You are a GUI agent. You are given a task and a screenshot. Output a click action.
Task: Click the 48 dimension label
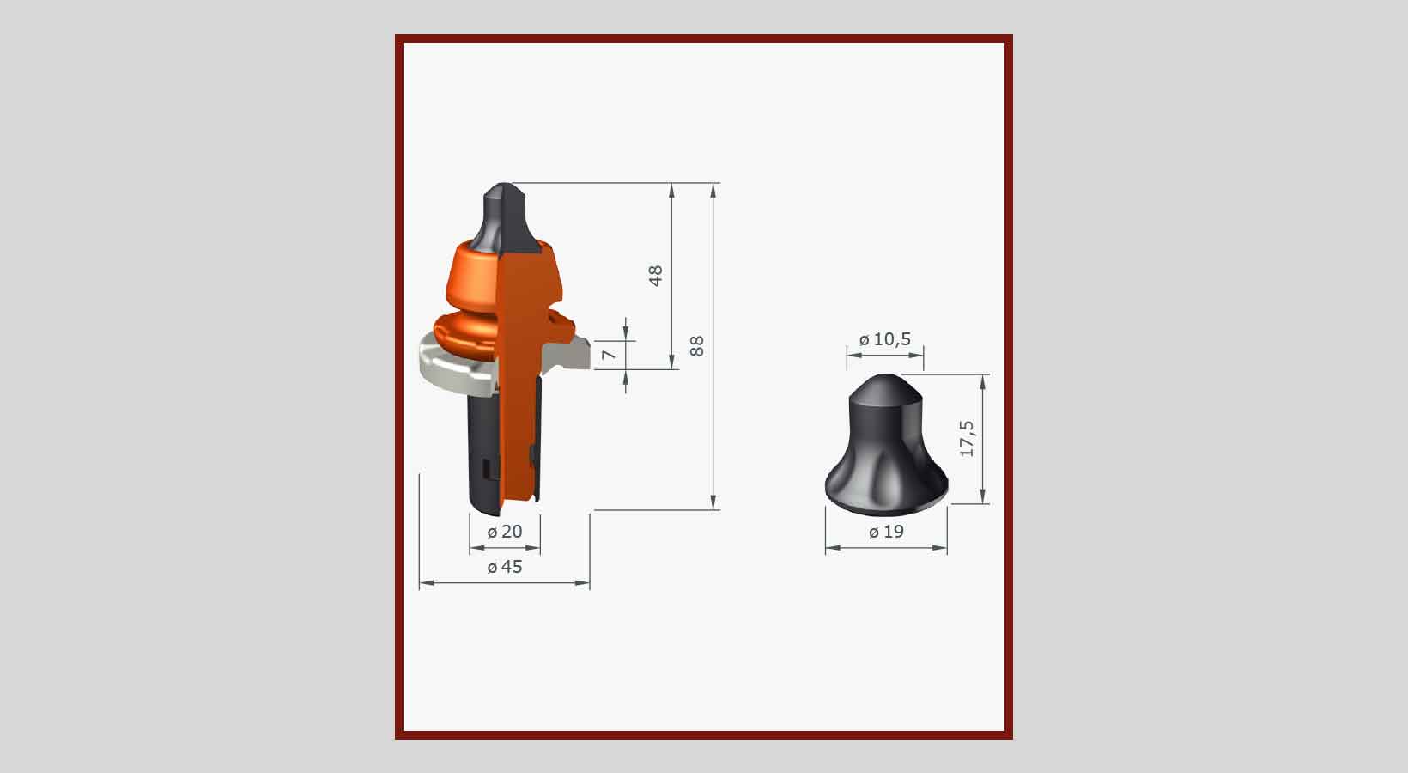(656, 276)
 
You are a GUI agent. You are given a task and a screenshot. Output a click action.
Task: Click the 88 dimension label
(697, 346)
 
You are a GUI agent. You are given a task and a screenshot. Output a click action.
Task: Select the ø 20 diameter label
(505, 533)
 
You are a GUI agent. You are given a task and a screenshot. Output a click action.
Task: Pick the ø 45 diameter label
(505, 568)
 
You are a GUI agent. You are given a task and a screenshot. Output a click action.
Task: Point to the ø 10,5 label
(885, 339)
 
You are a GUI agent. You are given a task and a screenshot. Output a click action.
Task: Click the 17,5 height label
(967, 438)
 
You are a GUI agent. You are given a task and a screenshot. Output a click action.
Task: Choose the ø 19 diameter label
(886, 533)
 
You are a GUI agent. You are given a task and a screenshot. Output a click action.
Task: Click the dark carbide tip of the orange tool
(504, 217)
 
